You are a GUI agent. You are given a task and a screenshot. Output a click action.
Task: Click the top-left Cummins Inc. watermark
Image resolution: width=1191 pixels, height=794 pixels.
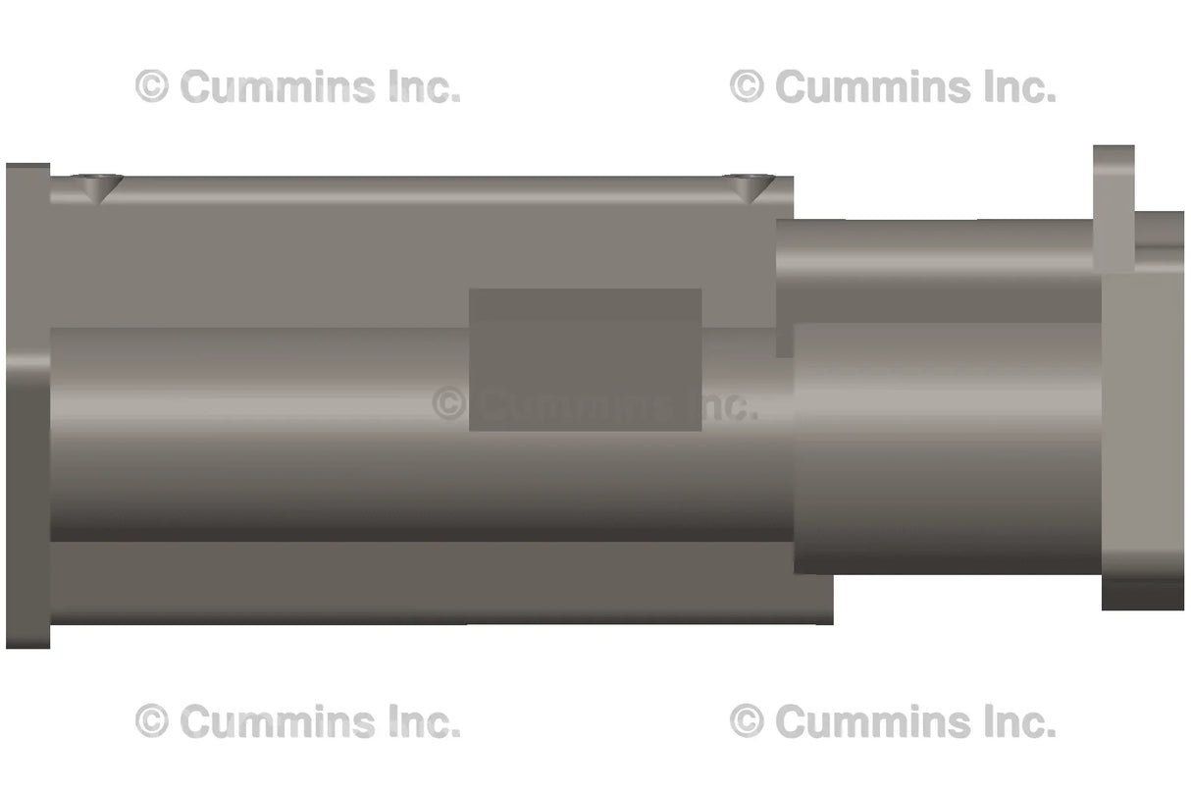pos(298,87)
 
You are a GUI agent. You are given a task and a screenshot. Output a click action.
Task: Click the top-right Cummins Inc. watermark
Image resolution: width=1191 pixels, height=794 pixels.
pos(893,87)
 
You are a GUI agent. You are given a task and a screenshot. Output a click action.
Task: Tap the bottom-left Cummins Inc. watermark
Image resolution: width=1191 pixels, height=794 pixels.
pos(298,722)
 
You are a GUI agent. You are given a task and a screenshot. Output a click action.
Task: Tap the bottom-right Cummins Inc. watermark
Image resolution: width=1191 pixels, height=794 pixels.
pos(893,722)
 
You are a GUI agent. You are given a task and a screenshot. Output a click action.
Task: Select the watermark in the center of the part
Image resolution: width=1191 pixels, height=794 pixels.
pos(595,404)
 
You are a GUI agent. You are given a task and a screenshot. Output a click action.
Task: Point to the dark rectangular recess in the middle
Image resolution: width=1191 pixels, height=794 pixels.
pos(585,358)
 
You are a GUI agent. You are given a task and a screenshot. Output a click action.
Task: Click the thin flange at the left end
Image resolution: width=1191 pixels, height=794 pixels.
pos(27,404)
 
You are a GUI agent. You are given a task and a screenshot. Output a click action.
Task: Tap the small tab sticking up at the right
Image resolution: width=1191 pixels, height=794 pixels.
pos(1113,206)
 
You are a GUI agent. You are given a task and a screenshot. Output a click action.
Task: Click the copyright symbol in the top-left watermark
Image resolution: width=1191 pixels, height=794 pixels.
pos(151,87)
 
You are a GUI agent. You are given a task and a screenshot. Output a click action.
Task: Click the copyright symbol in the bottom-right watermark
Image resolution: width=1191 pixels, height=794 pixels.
pos(747,722)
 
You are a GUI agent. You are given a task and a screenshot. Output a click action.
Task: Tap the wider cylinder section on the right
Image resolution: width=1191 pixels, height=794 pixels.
pos(947,447)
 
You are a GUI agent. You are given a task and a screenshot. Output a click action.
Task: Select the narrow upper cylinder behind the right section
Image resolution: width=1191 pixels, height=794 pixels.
pos(932,265)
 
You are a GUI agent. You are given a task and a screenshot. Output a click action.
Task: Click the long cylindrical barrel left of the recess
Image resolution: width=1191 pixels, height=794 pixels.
pos(255,432)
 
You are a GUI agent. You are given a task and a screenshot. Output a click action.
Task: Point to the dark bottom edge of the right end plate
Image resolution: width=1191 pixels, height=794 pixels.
pos(1143,595)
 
